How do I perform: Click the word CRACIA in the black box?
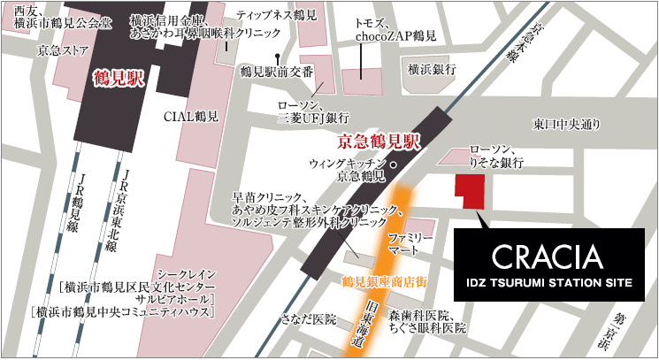tap(548, 257)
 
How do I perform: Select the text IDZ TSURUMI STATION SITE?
tap(548, 283)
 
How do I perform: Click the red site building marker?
tap(470, 190)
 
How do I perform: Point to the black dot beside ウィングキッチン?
tap(394, 165)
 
